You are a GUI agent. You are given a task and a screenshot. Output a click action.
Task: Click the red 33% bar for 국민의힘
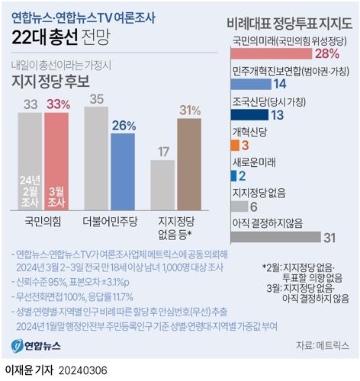(57, 160)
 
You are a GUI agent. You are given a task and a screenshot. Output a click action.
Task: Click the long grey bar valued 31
(273, 237)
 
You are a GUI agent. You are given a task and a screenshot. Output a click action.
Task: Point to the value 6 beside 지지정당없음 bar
(254, 206)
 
